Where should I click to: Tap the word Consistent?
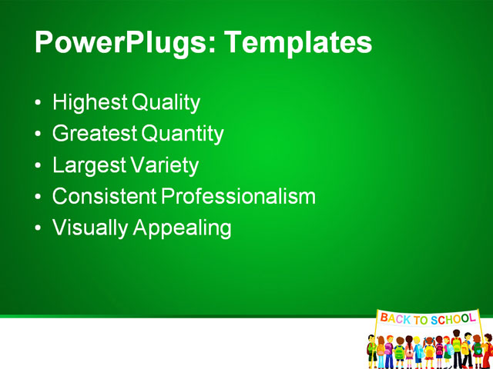pos(104,196)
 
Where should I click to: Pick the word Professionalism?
pos(238,196)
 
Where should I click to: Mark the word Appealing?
pos(182,228)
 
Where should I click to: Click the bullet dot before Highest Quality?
pos(39,103)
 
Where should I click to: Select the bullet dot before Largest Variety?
pos(39,166)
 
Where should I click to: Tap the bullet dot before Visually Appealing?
pos(39,228)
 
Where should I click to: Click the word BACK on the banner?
pos(395,318)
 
